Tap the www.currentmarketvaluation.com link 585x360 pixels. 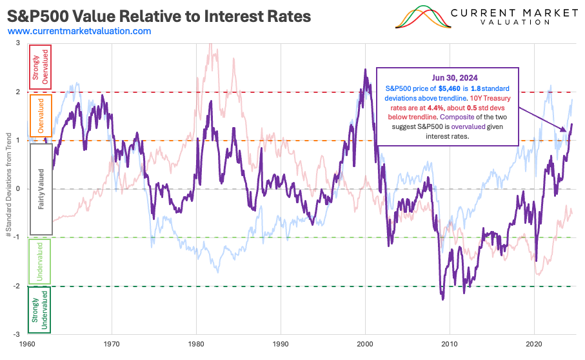pos(79,31)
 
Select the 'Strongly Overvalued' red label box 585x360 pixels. pos(41,69)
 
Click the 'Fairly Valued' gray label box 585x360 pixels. pos(41,188)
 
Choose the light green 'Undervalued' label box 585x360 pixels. pos(41,260)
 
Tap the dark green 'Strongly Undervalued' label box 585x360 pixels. pos(41,309)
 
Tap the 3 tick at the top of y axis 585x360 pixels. pos(18,43)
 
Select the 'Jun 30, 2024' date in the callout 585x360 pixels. pos(447,77)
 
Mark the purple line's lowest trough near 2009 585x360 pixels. pos(442,299)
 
